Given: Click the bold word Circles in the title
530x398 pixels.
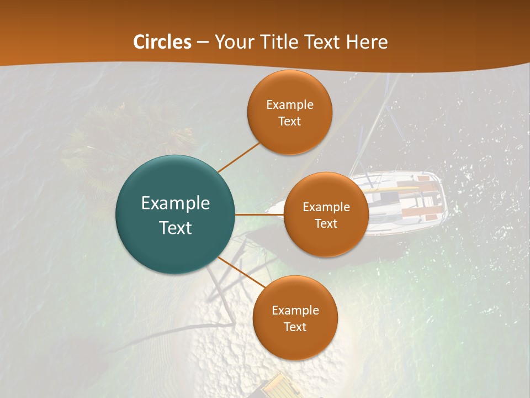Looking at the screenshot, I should pos(162,42).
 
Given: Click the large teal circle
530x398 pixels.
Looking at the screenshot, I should pos(175,214).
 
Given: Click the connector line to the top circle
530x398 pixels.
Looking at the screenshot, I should pos(239,157).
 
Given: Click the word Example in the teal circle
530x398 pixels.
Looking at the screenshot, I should pos(176,203).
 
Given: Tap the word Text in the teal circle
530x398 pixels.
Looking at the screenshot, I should pos(176,228).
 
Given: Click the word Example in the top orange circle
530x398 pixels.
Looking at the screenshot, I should pos(290,104).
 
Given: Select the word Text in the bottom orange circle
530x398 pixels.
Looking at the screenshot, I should pos(295,327).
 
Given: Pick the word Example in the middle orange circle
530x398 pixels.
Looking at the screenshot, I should pos(326,207).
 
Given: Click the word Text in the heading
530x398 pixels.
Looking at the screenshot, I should pos(324,42).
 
